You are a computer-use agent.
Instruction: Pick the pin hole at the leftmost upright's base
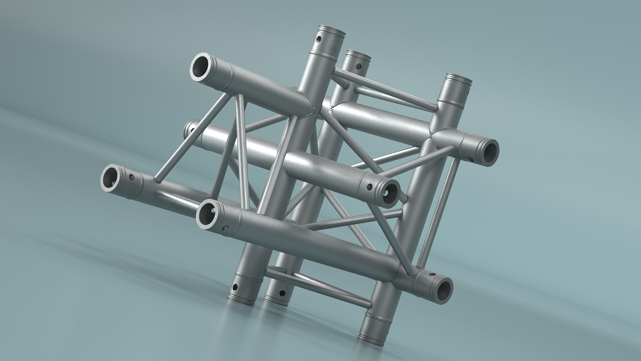click(x=235, y=287)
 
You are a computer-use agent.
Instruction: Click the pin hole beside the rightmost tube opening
click(x=470, y=159)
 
